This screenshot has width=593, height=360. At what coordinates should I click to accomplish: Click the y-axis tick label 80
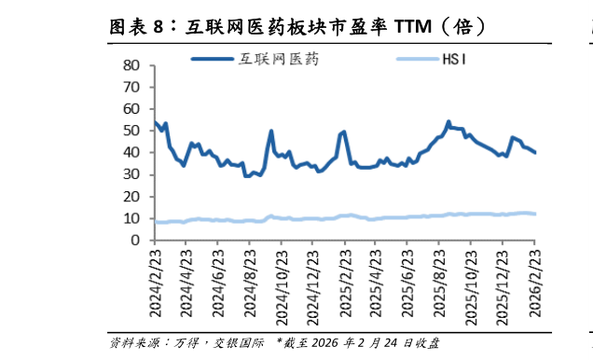click(131, 65)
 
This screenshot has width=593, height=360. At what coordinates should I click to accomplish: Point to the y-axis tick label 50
click(131, 131)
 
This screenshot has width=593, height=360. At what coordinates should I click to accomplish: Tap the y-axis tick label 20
click(131, 197)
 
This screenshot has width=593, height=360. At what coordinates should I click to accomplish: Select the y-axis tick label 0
click(134, 241)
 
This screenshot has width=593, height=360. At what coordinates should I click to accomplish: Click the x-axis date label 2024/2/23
click(154, 282)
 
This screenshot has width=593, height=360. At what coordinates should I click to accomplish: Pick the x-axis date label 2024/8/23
click(249, 282)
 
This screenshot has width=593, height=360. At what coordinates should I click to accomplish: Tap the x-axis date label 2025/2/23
click(345, 282)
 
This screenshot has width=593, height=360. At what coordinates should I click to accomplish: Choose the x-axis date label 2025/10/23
click(471, 282)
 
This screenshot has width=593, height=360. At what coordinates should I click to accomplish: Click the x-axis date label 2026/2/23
click(534, 282)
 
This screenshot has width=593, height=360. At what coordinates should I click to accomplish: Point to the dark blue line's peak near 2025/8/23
click(448, 121)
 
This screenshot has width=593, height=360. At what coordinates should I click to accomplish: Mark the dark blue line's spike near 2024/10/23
click(271, 131)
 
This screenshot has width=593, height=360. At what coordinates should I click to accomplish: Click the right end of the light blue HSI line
click(535, 214)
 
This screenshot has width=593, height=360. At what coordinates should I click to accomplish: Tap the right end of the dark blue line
click(535, 153)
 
